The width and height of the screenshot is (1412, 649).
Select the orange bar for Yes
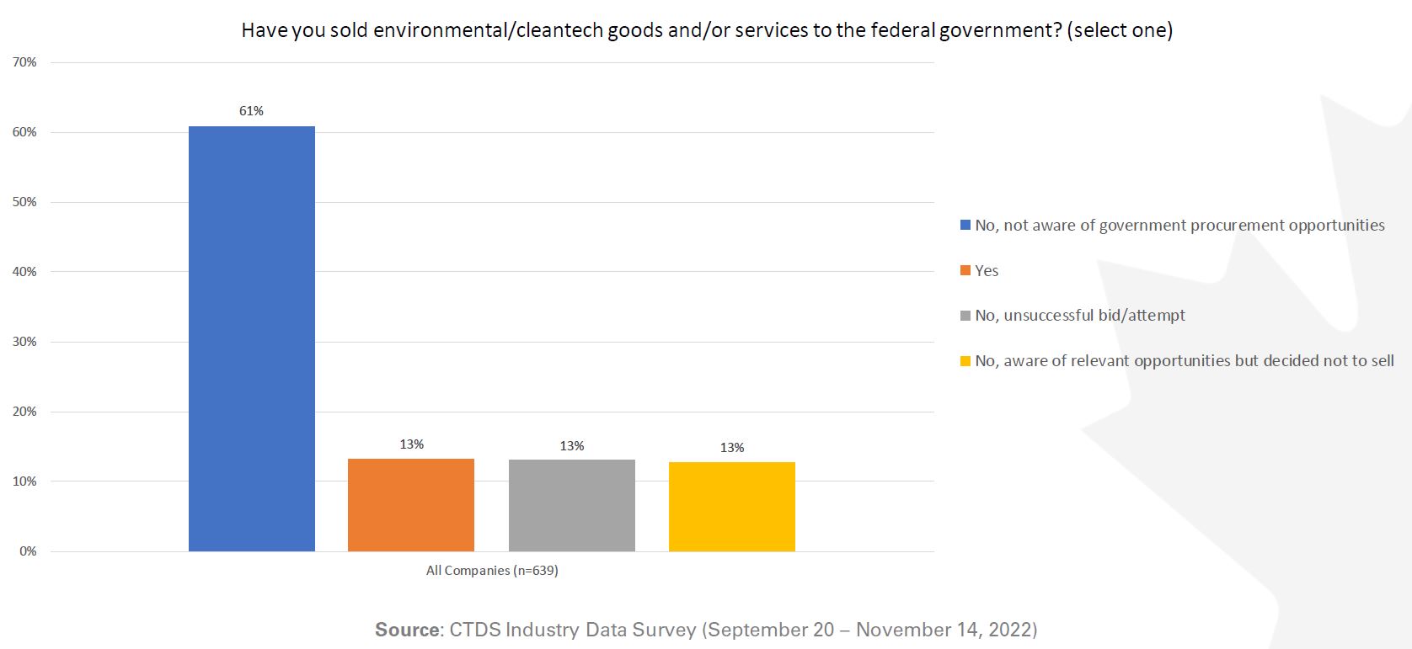(x=411, y=505)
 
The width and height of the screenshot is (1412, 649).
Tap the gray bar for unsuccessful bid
(x=571, y=505)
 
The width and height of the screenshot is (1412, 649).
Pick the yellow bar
(x=731, y=507)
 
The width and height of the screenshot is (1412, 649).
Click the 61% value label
(x=251, y=111)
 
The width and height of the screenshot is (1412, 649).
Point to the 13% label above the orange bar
(x=411, y=444)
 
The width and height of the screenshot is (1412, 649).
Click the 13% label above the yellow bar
(x=731, y=448)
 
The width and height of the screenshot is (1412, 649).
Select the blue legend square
(x=965, y=226)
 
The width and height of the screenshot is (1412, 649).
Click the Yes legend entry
(x=987, y=271)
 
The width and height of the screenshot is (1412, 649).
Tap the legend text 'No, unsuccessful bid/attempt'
(x=1079, y=316)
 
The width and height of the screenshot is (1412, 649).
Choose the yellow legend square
(x=965, y=361)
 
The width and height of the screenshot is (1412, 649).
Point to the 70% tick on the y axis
(x=24, y=62)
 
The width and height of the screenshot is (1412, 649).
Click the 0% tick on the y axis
(x=28, y=551)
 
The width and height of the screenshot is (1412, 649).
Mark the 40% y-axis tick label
(x=24, y=272)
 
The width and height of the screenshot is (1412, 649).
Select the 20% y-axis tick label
(x=24, y=412)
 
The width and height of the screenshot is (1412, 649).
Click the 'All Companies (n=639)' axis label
(x=492, y=571)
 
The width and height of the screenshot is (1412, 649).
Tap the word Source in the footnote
(x=407, y=630)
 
